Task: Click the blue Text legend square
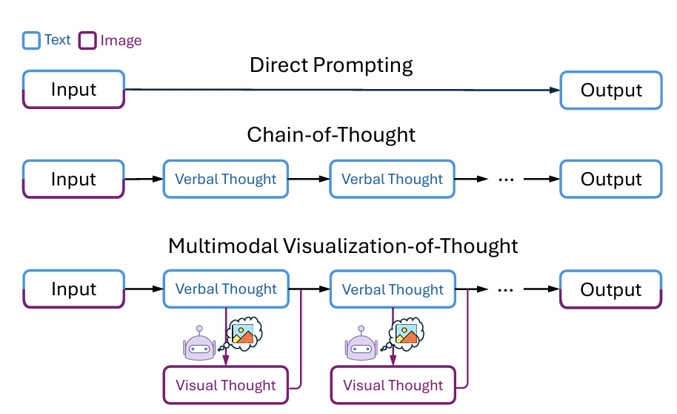(x=31, y=40)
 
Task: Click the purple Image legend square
(x=87, y=40)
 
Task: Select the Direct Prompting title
(x=331, y=65)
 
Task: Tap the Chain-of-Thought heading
(x=331, y=134)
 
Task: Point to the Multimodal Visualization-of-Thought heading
(x=343, y=246)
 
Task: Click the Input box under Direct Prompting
(x=74, y=90)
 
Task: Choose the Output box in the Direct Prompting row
(x=611, y=90)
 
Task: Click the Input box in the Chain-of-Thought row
(x=73, y=179)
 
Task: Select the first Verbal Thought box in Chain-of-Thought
(x=225, y=179)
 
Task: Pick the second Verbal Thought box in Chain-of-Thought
(x=392, y=179)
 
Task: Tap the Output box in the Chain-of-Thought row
(x=611, y=179)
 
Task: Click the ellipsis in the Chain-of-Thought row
(x=506, y=180)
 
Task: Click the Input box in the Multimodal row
(x=74, y=289)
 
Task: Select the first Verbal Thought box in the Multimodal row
(x=226, y=289)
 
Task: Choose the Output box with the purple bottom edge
(x=611, y=289)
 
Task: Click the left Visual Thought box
(x=225, y=385)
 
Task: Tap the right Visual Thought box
(x=393, y=385)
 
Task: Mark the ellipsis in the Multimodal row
(x=506, y=290)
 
